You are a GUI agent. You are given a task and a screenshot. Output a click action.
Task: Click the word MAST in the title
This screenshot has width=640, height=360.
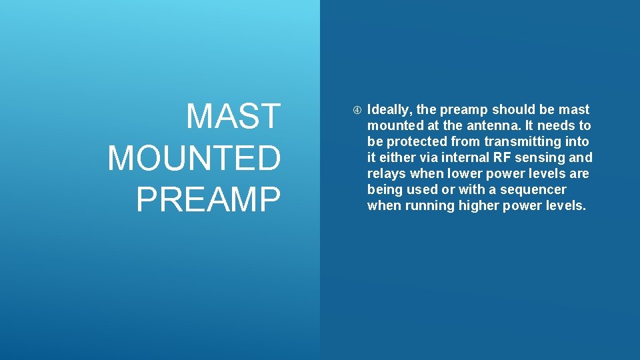(x=233, y=116)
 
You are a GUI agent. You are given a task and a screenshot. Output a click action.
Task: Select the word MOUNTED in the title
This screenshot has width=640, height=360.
(x=195, y=158)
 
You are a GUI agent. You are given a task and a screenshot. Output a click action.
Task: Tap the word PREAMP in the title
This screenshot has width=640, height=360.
(x=209, y=199)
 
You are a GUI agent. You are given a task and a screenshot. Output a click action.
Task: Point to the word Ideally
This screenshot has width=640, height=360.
(x=390, y=109)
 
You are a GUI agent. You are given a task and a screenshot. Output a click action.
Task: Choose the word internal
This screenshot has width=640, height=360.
(x=466, y=157)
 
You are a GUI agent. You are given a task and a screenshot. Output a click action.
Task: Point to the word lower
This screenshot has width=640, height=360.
(x=457, y=173)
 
